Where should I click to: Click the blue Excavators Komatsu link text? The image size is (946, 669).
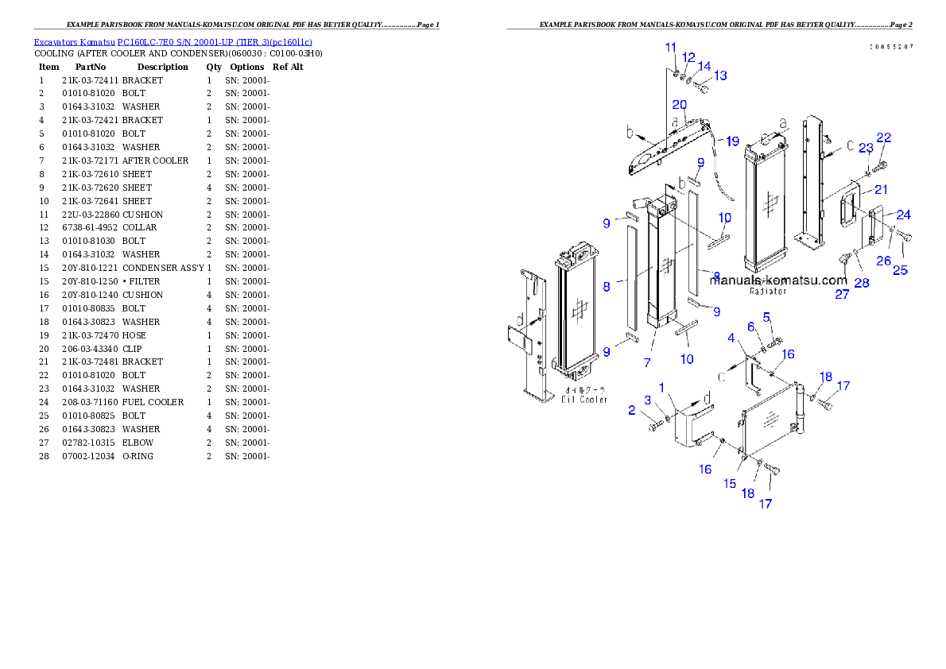click(173, 41)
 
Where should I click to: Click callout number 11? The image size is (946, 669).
click(671, 48)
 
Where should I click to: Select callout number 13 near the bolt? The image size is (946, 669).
click(720, 76)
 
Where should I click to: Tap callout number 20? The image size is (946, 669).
click(680, 105)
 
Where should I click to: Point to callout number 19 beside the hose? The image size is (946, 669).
click(732, 141)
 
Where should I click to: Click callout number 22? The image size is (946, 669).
click(883, 138)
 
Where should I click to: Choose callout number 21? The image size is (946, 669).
click(881, 189)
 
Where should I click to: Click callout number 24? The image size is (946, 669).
click(904, 215)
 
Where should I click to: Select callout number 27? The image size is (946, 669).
click(842, 294)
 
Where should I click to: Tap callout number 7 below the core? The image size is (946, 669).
click(648, 362)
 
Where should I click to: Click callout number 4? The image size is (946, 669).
click(731, 338)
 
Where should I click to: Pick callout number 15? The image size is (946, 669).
click(730, 483)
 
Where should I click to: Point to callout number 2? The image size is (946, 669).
click(632, 410)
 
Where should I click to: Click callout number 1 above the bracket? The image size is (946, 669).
click(661, 387)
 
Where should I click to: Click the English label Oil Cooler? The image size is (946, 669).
click(583, 400)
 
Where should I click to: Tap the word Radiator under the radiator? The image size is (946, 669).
click(768, 292)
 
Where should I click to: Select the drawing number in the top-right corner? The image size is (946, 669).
click(890, 47)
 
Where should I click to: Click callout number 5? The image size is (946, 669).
click(767, 317)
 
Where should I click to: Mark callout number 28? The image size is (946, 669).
click(861, 283)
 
